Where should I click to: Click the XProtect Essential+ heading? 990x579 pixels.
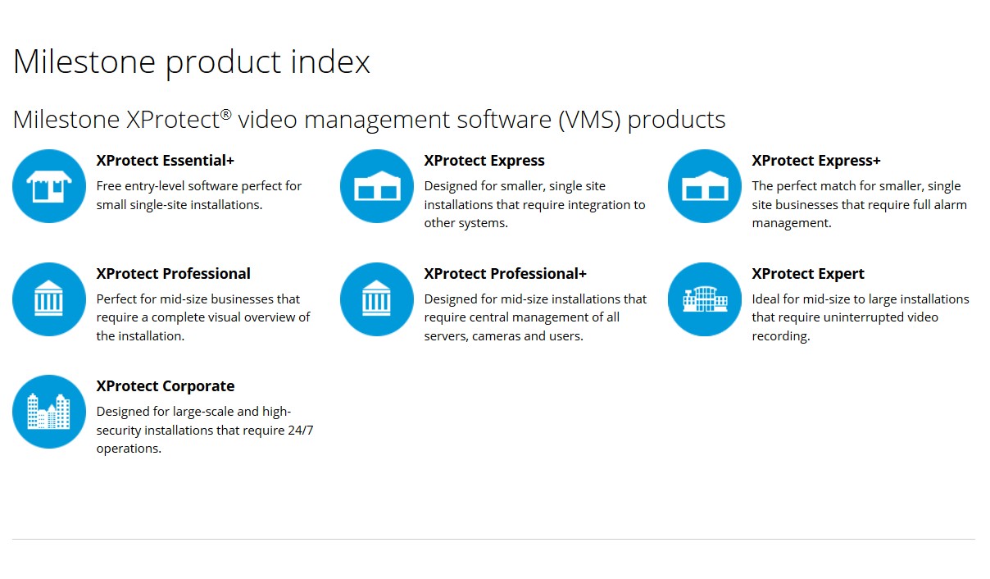coord(165,161)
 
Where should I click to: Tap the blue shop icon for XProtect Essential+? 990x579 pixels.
coord(49,186)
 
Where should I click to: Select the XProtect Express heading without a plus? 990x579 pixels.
coord(484,161)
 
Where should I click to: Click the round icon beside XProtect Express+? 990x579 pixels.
coord(705,186)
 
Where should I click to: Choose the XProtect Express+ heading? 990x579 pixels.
coord(816,161)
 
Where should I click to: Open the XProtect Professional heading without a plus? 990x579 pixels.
coord(173,274)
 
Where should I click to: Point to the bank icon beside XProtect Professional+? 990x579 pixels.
coord(377,299)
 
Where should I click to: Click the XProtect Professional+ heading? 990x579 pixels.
coord(505,274)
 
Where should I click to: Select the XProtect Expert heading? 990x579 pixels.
coord(808,274)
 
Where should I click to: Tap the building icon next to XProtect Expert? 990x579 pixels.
coord(705,299)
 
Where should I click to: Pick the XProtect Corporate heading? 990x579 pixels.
coord(165,386)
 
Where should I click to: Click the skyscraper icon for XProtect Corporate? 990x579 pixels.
coord(49,412)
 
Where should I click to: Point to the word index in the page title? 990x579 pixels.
coord(332,62)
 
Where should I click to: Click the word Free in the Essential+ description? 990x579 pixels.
coord(110,186)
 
